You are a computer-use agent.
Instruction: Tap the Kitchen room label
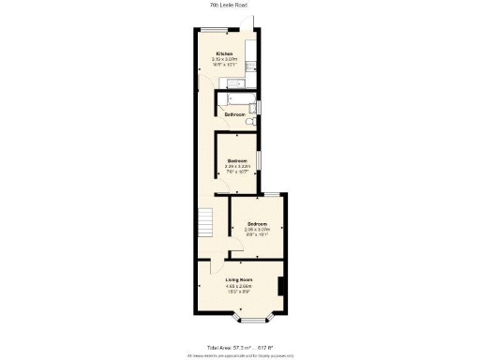coord(224,53)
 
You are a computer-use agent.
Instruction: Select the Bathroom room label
coord(234,114)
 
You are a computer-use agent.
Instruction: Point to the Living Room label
coord(239,279)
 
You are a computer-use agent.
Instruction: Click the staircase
coord(207,223)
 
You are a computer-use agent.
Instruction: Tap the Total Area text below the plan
coord(239,348)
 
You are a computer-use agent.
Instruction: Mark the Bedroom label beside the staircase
coord(257,223)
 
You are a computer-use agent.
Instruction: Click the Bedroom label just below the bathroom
coord(236,160)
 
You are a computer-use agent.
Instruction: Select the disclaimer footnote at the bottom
coord(239,355)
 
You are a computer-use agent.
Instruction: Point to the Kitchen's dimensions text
coord(224,62)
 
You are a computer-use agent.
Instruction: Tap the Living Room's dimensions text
coord(239,289)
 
